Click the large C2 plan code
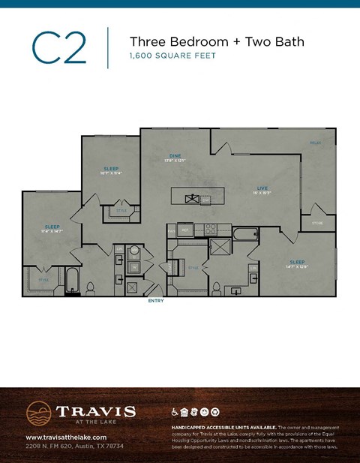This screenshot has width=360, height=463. [x=59, y=49]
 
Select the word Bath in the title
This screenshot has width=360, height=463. [x=288, y=41]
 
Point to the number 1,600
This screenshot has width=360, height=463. [x=143, y=56]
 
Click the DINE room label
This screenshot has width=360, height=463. [x=175, y=155]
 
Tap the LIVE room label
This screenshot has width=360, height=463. [x=262, y=188]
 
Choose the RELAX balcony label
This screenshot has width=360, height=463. [x=316, y=142]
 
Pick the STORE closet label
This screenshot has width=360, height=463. [x=318, y=222]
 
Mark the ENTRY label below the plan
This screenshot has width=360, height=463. [x=156, y=301]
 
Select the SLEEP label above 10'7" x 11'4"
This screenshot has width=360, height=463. [x=111, y=168]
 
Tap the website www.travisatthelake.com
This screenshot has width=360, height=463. [x=64, y=437]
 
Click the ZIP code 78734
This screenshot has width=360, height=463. [x=113, y=446]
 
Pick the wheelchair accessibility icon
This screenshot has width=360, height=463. [x=175, y=411]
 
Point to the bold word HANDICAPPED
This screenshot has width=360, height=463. [x=187, y=426]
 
